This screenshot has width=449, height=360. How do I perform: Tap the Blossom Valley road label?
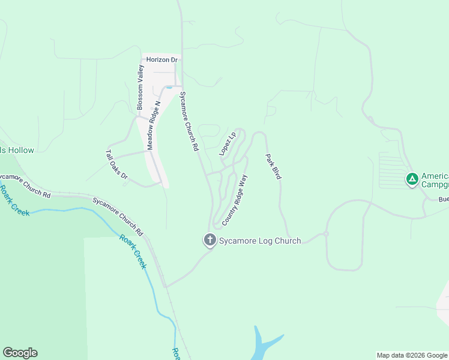tap(140, 87)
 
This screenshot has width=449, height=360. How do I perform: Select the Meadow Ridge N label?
tap(154, 125)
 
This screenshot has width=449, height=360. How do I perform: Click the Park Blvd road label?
tap(273, 166)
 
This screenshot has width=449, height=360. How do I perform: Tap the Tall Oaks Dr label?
tap(117, 164)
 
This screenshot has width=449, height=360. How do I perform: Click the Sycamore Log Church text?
tap(260, 241)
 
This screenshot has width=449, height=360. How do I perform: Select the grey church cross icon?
tap(210, 241)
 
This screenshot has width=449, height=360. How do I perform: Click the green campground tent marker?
tap(412, 178)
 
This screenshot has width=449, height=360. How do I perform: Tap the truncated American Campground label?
tap(435, 180)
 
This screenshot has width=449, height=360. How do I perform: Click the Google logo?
tap(20, 353)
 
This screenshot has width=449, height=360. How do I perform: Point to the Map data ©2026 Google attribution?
tap(412, 355)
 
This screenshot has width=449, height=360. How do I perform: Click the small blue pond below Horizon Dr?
tap(169, 88)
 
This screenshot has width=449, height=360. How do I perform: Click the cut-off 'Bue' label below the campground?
tap(443, 199)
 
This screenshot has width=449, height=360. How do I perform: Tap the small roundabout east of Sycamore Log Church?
tap(326, 233)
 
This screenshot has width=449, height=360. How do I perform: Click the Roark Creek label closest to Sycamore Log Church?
tap(133, 251)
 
